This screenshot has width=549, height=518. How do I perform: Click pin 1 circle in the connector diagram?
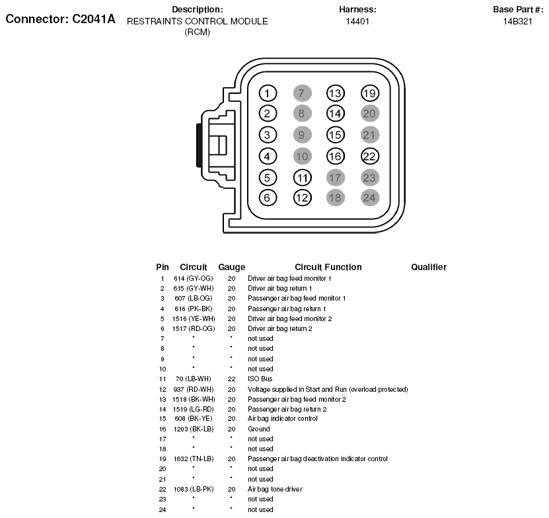tap(267, 93)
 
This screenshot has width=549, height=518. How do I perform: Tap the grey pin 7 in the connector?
tap(301, 93)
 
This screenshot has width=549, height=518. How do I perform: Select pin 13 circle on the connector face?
tap(336, 93)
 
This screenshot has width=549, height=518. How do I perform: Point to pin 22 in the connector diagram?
tap(370, 157)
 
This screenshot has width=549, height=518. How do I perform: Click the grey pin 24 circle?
tap(370, 197)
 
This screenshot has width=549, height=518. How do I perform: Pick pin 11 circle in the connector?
tap(302, 178)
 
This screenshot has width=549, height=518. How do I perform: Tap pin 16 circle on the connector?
tap(336, 157)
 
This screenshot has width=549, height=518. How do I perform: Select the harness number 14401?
tap(357, 21)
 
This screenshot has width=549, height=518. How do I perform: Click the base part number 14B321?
tap(517, 21)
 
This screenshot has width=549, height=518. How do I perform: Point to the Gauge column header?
tap(231, 267)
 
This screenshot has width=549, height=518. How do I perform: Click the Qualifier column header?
tap(429, 267)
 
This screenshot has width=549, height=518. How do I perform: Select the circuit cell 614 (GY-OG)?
tap(194, 278)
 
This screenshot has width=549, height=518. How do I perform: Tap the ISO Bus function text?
tap(260, 379)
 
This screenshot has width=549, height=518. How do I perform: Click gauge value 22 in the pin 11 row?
tap(231, 379)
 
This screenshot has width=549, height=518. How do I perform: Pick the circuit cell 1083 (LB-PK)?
tap(194, 489)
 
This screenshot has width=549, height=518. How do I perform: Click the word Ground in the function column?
tap(258, 429)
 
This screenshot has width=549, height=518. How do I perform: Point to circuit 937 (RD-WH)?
tap(194, 389)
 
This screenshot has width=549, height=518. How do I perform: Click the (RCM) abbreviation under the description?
tap(197, 32)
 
